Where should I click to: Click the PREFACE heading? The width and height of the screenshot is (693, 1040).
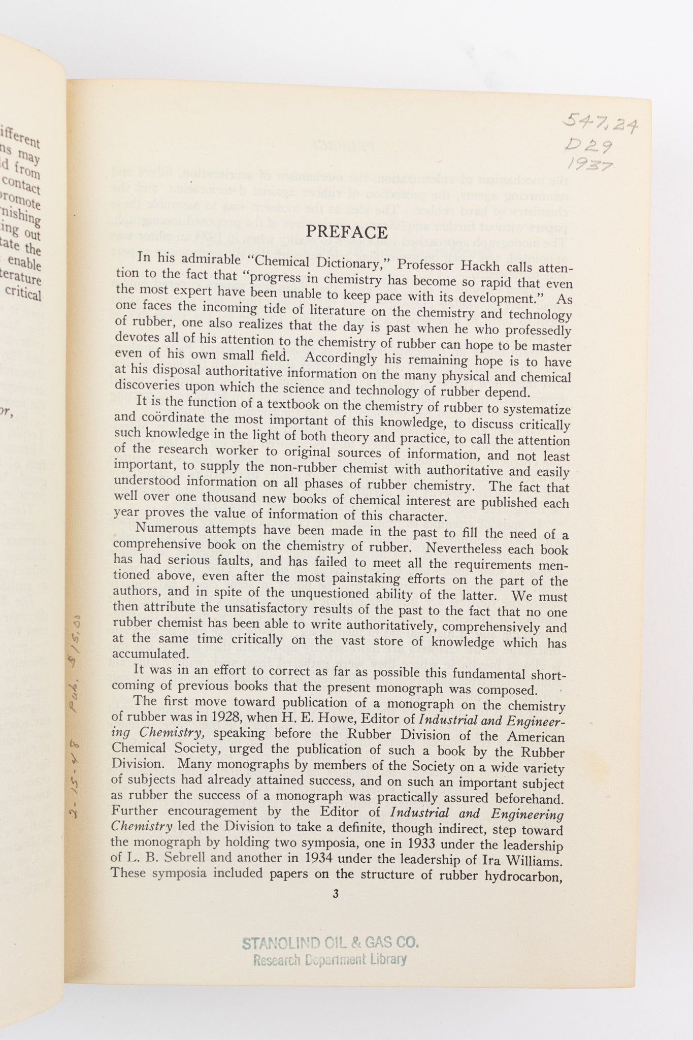click(x=347, y=232)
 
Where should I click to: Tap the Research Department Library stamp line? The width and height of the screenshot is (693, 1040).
click(x=330, y=959)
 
